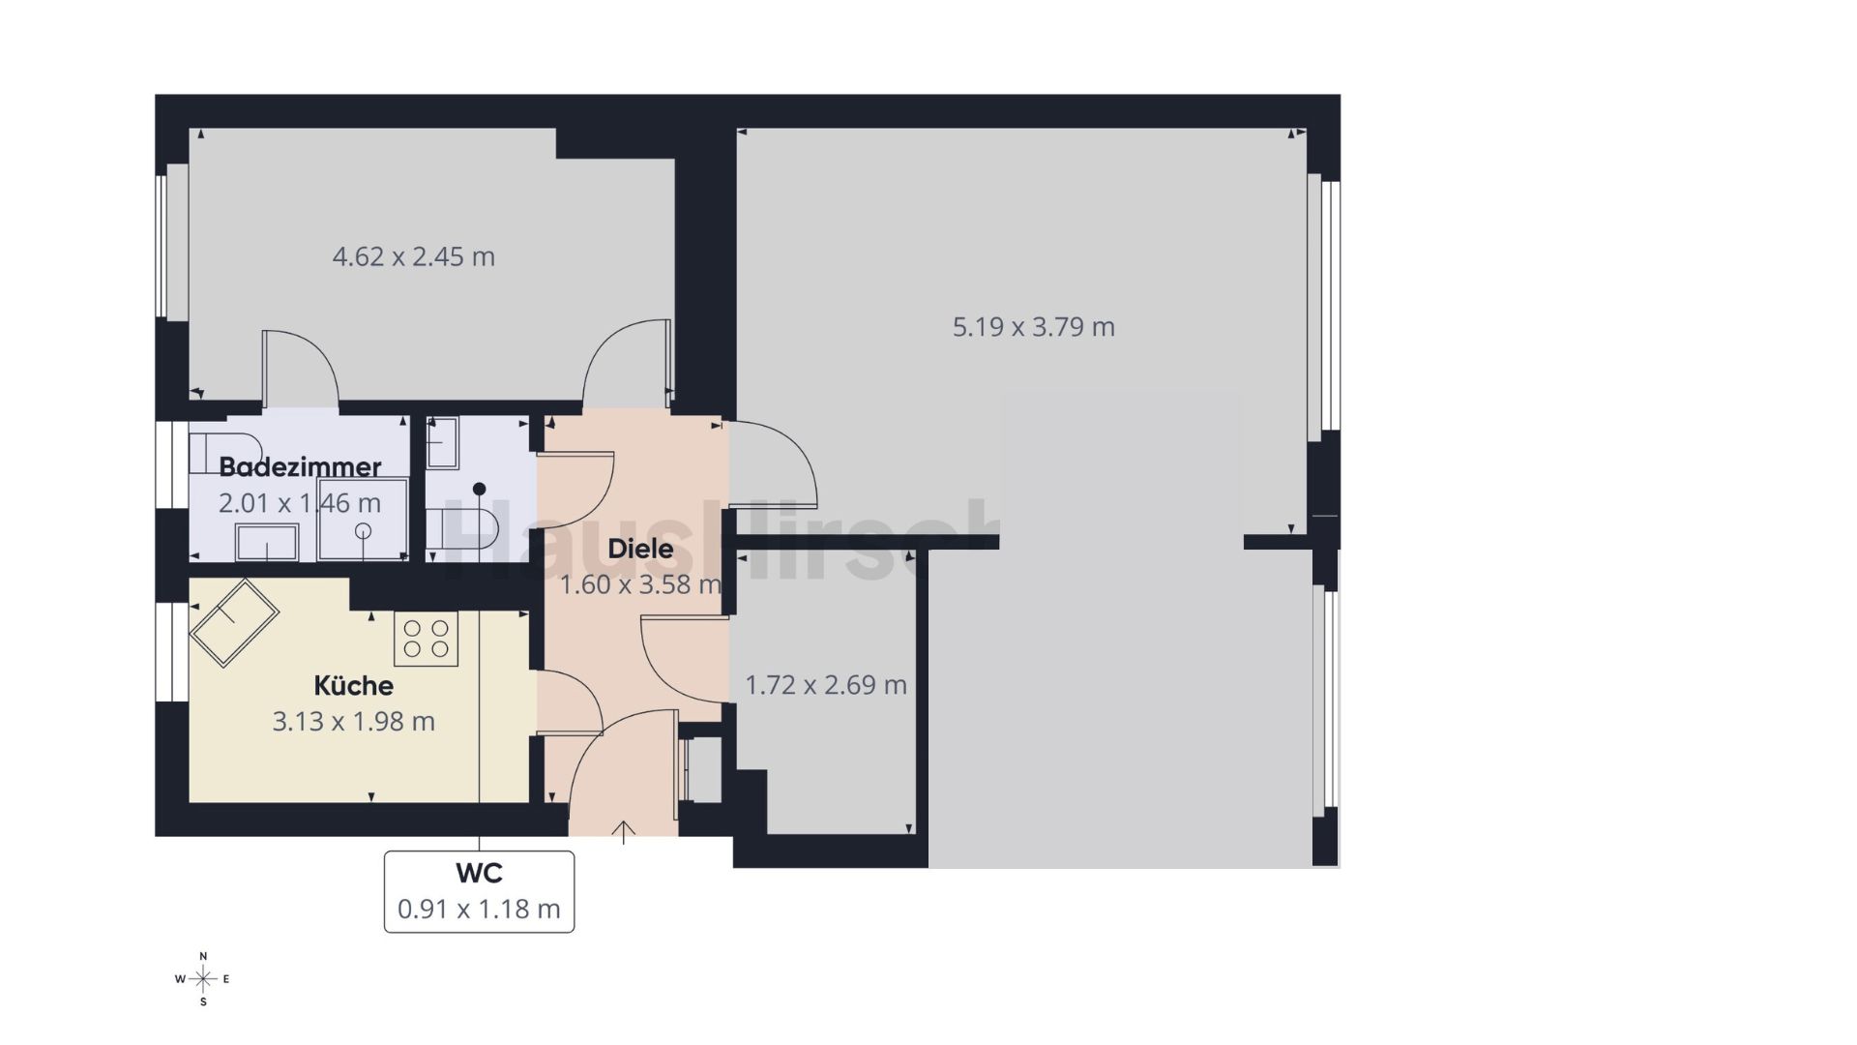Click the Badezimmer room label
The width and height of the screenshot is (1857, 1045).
300,466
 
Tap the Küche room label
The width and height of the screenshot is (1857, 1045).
353,685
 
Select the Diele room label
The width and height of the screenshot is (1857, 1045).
640,549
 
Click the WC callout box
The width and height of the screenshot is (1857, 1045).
479,891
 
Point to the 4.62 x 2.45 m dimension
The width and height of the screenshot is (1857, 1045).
414,256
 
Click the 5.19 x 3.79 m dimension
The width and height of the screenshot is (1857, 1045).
1034,327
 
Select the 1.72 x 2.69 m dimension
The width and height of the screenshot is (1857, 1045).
826,685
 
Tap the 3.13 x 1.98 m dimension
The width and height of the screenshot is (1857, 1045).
353,721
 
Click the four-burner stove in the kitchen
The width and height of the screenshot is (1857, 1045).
426,639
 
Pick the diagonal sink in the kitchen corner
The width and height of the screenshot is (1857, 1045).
234,623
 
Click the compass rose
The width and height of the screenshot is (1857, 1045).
203,979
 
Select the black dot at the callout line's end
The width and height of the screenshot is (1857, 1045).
480,489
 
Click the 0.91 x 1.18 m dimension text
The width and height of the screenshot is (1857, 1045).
479,910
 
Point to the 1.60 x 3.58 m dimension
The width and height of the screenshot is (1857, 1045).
641,584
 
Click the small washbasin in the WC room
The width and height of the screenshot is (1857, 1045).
443,443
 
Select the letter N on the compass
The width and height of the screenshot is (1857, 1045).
203,956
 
